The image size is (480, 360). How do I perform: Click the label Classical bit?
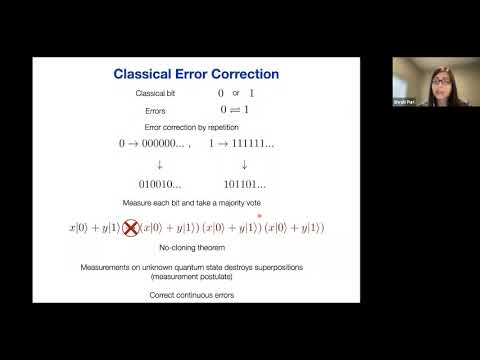point(156,93)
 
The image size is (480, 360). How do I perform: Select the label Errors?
point(156,111)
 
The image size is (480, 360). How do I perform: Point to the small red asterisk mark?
point(260,214)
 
